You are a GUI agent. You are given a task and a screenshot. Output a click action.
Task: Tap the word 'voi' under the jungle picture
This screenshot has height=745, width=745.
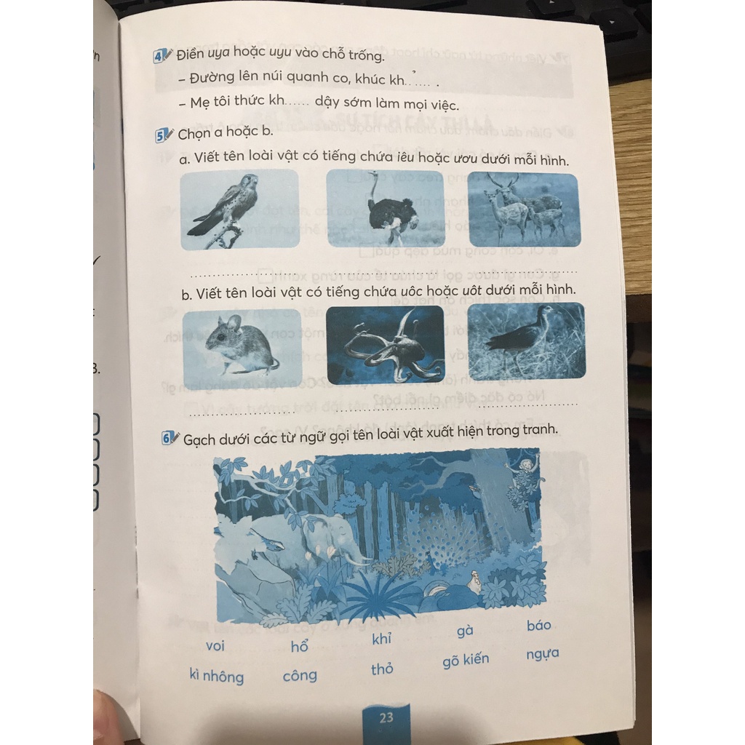pyautogui.click(x=215, y=646)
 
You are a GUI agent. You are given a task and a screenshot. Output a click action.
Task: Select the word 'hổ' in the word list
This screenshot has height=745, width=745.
pyautogui.click(x=299, y=646)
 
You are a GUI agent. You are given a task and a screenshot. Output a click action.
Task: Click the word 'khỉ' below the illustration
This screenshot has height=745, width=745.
pyautogui.click(x=381, y=639)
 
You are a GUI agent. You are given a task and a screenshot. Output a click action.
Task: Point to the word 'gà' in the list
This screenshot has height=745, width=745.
pyautogui.click(x=465, y=631)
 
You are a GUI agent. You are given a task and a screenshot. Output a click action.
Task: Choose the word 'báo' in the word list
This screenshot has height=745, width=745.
pyautogui.click(x=539, y=625)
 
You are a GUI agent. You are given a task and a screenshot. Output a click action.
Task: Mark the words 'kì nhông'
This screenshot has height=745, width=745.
pyautogui.click(x=217, y=676)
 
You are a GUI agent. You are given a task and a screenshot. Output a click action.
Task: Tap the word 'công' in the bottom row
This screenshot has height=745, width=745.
pyautogui.click(x=300, y=675)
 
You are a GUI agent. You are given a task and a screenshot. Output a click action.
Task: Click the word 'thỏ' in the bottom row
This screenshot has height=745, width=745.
pyautogui.click(x=382, y=669)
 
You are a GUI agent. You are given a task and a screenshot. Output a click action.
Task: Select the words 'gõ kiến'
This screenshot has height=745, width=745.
pyautogui.click(x=466, y=660)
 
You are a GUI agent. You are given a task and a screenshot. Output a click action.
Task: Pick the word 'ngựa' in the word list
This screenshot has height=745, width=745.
pyautogui.click(x=543, y=654)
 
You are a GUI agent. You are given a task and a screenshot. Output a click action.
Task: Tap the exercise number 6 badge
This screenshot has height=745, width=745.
pyautogui.click(x=167, y=437)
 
